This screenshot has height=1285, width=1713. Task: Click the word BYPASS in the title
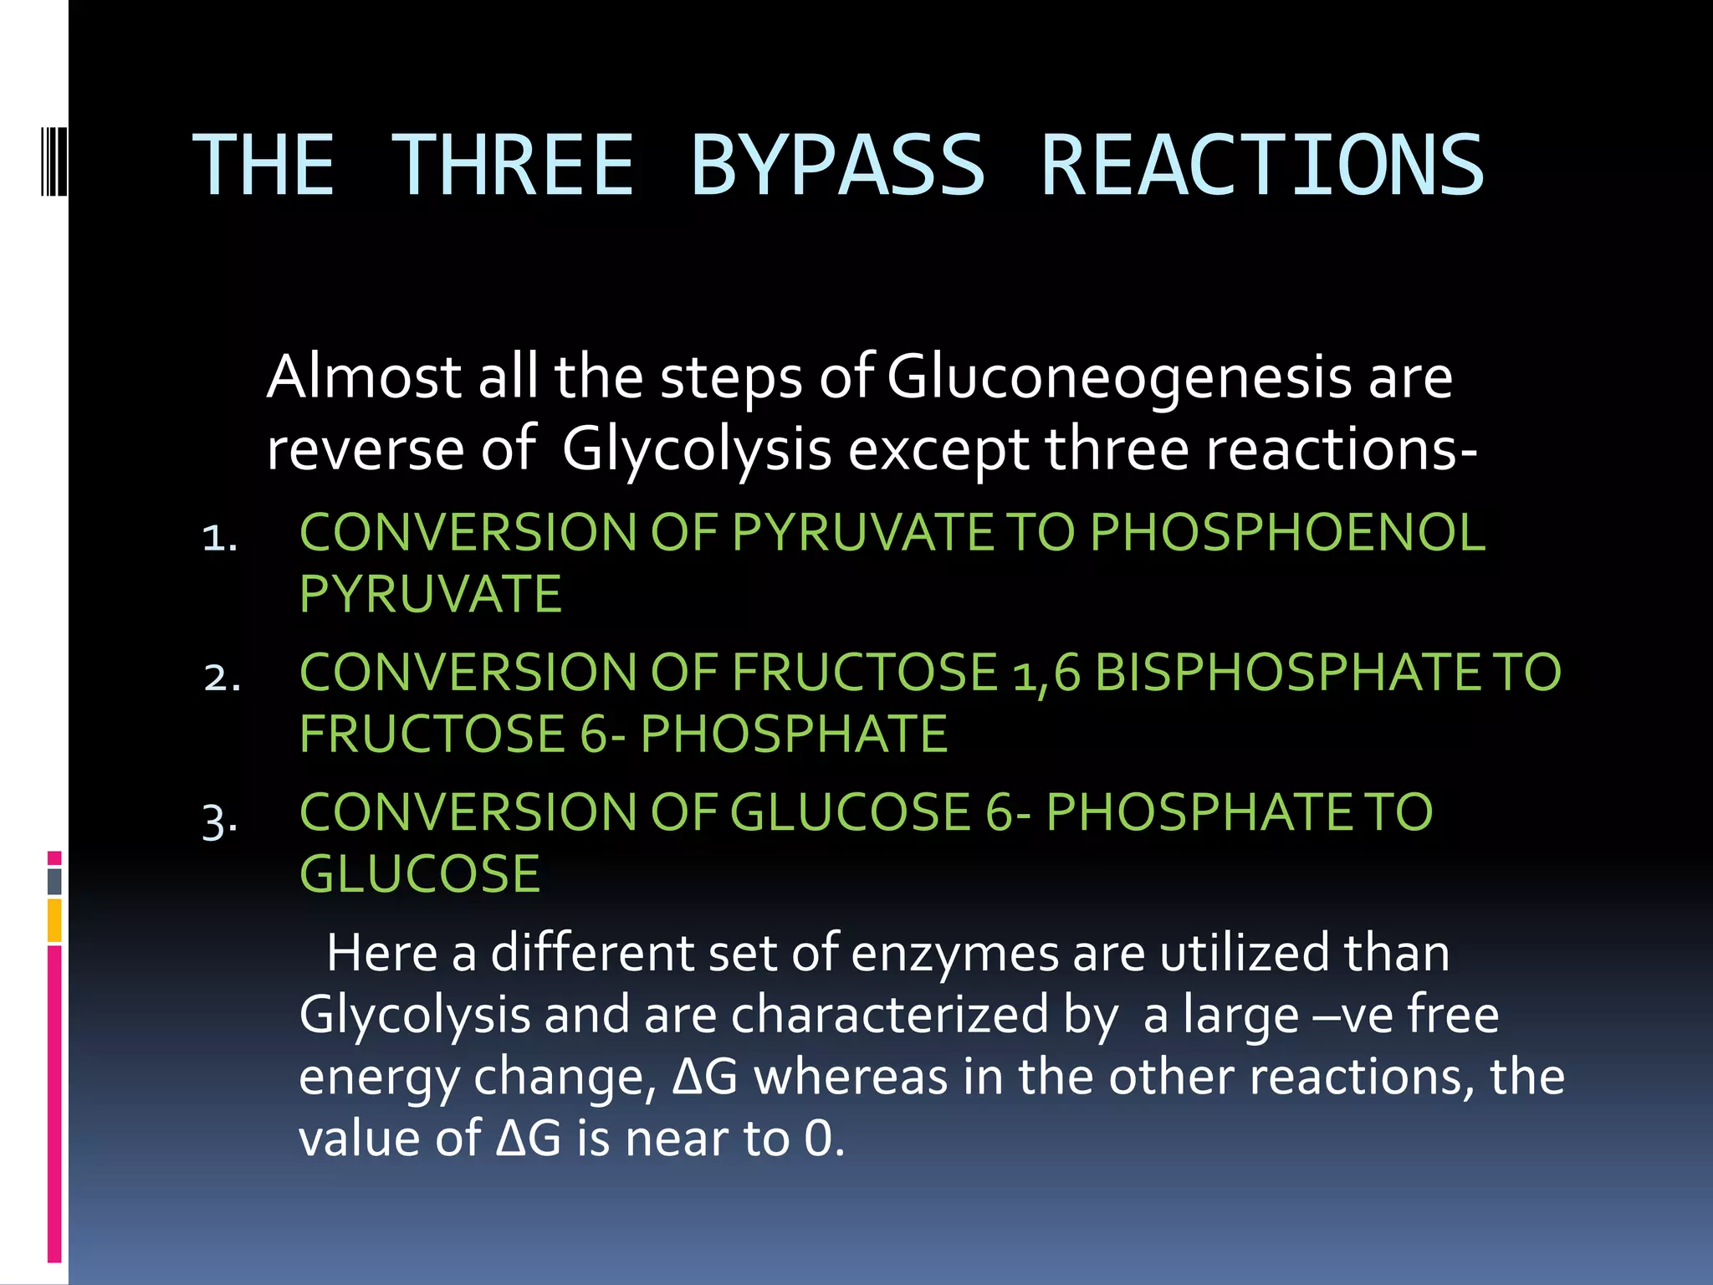point(837,166)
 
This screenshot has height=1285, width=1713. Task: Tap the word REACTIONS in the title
point(1261,166)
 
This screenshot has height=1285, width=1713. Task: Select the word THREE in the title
point(512,166)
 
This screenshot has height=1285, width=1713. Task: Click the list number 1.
point(219,537)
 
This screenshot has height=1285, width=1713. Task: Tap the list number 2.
point(222,677)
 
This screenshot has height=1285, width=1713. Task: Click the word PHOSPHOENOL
point(1287,532)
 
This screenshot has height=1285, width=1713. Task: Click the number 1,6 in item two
point(1046,673)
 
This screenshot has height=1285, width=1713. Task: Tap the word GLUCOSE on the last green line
point(420,874)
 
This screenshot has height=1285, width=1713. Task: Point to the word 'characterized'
point(890,1016)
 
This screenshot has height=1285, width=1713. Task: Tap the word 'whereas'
point(851,1078)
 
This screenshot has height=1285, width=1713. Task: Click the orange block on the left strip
point(54,920)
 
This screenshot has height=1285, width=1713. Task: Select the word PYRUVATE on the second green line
point(430,594)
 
